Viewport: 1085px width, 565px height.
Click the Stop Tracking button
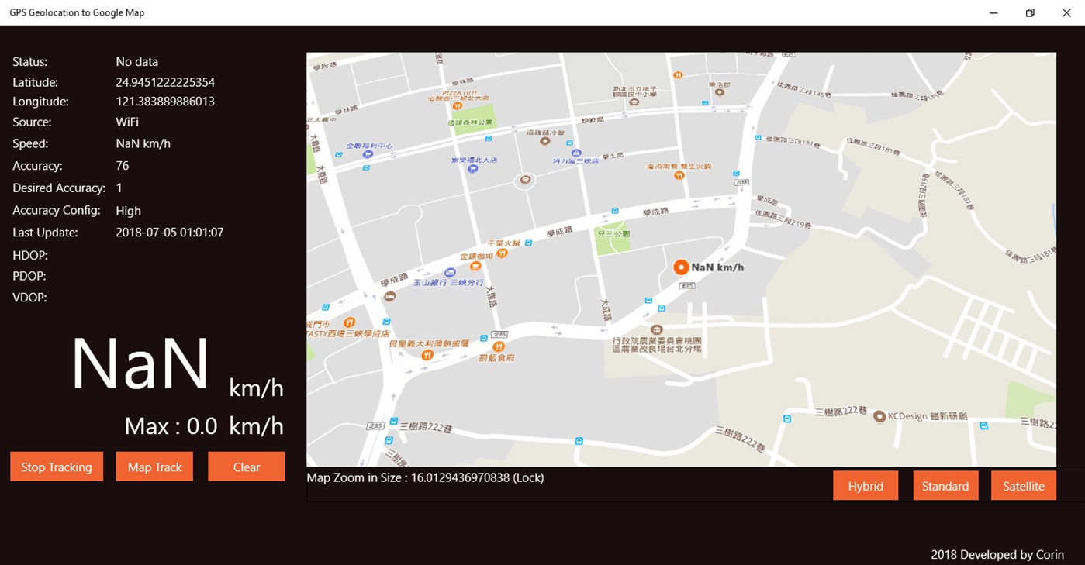pyautogui.click(x=57, y=467)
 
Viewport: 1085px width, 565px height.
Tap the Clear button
pyautogui.click(x=247, y=467)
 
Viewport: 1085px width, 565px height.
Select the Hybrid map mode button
pyautogui.click(x=866, y=486)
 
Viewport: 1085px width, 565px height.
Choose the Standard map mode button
pyautogui.click(x=945, y=486)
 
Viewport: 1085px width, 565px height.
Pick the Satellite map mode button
pyautogui.click(x=1024, y=486)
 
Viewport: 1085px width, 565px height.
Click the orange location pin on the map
pyautogui.click(x=681, y=267)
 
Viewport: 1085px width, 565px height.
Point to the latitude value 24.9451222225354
pyautogui.click(x=165, y=82)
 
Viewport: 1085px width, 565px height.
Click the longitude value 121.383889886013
pyautogui.click(x=165, y=102)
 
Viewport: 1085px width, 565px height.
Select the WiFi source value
pyautogui.click(x=127, y=122)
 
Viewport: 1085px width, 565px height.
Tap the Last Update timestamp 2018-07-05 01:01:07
pyautogui.click(x=170, y=233)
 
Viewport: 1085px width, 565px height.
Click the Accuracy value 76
pyautogui.click(x=123, y=166)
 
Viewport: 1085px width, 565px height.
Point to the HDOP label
pyautogui.click(x=30, y=255)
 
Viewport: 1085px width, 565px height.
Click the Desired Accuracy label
pyautogui.click(x=59, y=188)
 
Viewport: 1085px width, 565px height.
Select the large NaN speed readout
pyautogui.click(x=140, y=364)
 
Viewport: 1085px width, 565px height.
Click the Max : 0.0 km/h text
pyautogui.click(x=204, y=426)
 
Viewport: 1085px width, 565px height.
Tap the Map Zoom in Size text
pyautogui.click(x=425, y=477)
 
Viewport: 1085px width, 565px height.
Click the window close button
pyautogui.click(x=1066, y=12)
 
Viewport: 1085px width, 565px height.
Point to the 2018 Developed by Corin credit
pyautogui.click(x=997, y=554)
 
